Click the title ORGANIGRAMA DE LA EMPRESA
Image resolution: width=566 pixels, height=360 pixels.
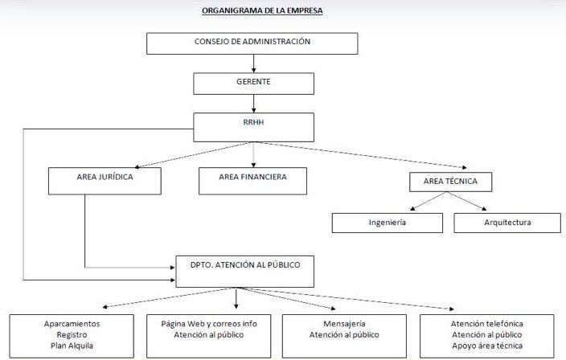click(x=262, y=10)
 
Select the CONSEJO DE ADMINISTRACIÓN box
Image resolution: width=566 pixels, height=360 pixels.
click(x=252, y=43)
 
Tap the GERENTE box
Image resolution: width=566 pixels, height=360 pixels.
click(x=253, y=84)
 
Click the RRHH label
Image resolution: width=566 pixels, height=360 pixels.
click(x=253, y=122)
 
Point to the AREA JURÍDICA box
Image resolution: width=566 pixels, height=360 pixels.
click(x=105, y=181)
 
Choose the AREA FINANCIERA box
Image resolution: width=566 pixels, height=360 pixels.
click(x=252, y=181)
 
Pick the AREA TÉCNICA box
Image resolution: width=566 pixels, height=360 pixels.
click(x=450, y=182)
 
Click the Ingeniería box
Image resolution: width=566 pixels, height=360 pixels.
click(x=388, y=223)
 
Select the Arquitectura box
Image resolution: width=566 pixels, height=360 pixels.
click(x=507, y=223)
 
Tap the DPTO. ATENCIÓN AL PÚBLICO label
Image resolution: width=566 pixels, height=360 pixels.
click(x=245, y=264)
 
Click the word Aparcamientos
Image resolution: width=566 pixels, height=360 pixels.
click(x=72, y=324)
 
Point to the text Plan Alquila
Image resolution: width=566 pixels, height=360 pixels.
click(x=72, y=346)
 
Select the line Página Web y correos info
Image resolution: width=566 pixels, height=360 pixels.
click(x=209, y=324)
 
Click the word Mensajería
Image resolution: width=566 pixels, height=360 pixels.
click(x=344, y=324)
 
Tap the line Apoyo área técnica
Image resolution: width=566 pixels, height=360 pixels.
click(x=487, y=346)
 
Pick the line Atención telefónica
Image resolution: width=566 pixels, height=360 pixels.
click(x=487, y=324)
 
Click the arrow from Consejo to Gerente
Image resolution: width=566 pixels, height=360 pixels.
click(x=254, y=63)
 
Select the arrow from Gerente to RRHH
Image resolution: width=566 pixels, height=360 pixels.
click(x=254, y=104)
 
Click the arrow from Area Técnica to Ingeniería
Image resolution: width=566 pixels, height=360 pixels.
click(x=429, y=201)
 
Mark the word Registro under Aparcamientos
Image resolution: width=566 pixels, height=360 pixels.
click(x=72, y=335)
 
